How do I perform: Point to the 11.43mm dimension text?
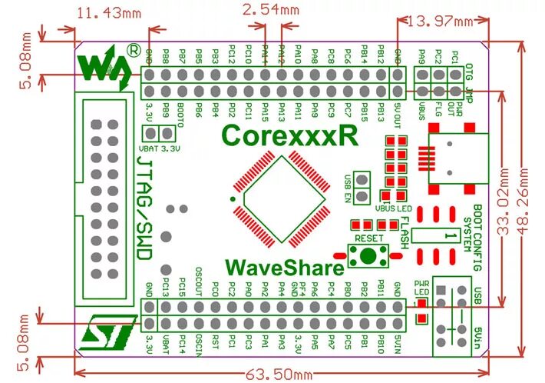pos(112,12)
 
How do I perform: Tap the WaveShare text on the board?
pos(285,268)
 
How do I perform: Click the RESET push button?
pos(368,255)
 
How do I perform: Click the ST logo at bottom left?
pos(108,331)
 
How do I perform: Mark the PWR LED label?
pos(421,287)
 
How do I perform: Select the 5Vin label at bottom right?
pos(479,338)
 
